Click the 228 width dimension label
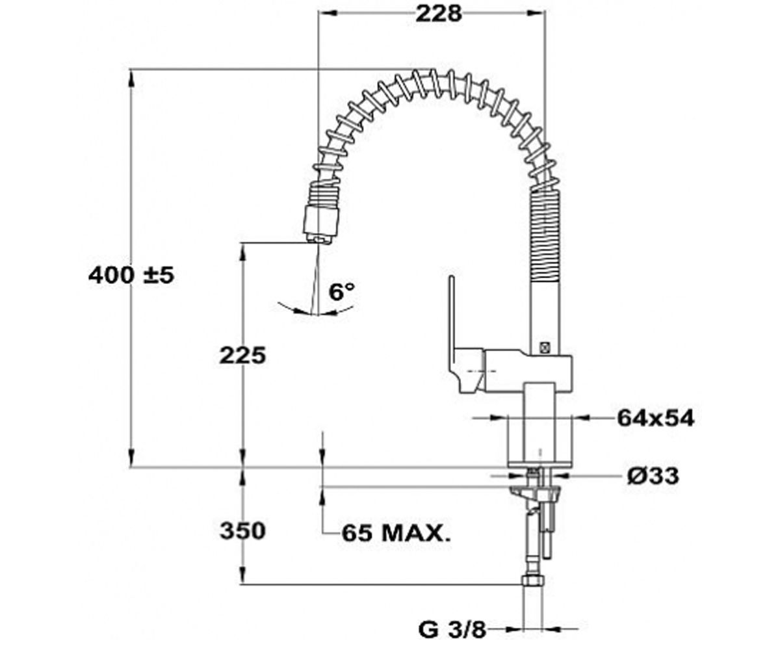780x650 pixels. (x=439, y=14)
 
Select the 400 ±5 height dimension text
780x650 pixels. (x=131, y=276)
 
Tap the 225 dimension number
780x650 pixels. (x=242, y=355)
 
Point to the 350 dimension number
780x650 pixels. (x=242, y=530)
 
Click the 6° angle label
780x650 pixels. (x=342, y=292)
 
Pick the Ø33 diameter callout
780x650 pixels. (x=653, y=476)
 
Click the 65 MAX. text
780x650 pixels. (x=396, y=533)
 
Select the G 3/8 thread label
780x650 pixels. (x=452, y=629)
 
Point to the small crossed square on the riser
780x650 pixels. (x=543, y=348)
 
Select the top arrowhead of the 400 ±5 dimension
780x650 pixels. (x=131, y=79)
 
